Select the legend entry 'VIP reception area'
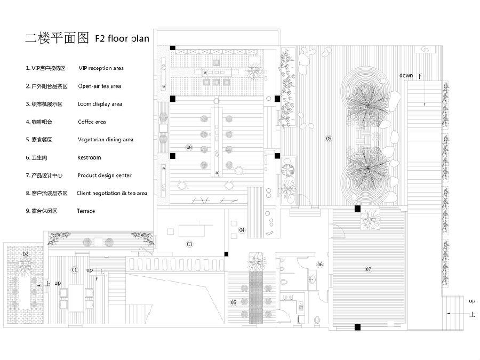101,68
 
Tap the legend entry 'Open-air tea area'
99,86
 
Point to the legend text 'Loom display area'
100,104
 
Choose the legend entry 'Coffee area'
92,122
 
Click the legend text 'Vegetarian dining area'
105,140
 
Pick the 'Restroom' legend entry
89,157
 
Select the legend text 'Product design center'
104,175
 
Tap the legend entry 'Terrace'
86,211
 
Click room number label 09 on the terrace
329,139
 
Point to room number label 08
189,147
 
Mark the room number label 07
368,269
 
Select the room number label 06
320,265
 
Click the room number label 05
233,302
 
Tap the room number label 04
242,230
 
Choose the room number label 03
189,244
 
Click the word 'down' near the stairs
406,76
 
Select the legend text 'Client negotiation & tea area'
112,193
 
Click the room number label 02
25,254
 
